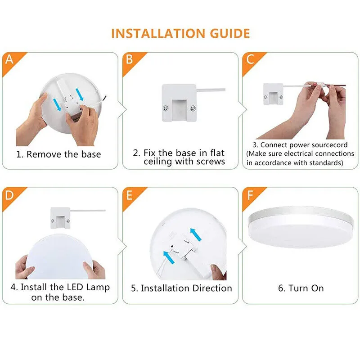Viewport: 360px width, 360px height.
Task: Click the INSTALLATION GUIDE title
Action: (x=180, y=33)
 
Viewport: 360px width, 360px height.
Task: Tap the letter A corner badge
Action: (x=9, y=59)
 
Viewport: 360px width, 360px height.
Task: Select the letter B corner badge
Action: (x=130, y=59)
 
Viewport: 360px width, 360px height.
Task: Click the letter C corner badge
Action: (x=250, y=59)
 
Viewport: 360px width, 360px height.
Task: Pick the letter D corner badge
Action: (x=9, y=195)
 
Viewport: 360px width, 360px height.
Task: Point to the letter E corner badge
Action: (x=130, y=195)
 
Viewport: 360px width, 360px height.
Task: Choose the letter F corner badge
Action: (x=250, y=195)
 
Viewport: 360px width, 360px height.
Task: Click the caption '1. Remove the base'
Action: (x=58, y=154)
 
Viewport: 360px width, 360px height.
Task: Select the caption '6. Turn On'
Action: (x=301, y=288)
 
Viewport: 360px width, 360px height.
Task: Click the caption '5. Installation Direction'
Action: (x=181, y=288)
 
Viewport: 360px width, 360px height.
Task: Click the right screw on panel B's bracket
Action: (x=193, y=108)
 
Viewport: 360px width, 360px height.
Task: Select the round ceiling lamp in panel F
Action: (x=301, y=227)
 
